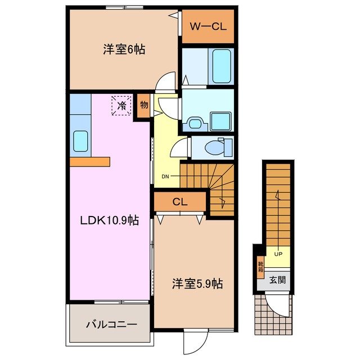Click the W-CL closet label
(x=206, y=26)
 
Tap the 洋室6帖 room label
(x=124, y=49)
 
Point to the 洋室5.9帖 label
(x=197, y=283)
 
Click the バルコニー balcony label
(x=111, y=325)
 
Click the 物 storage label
(x=144, y=105)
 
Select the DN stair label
(x=165, y=177)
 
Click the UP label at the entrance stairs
(x=278, y=254)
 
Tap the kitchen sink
(x=80, y=141)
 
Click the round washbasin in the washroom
(x=195, y=121)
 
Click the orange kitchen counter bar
(x=90, y=161)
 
